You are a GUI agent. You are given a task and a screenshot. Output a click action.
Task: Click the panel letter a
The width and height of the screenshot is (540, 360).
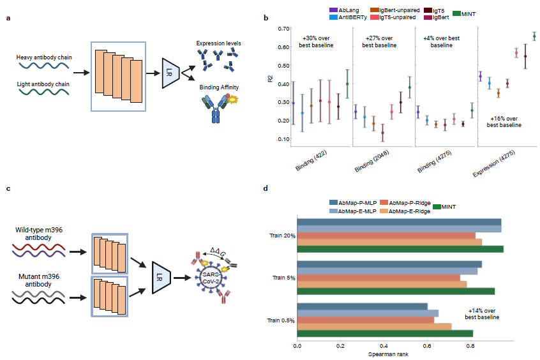click(x=8, y=17)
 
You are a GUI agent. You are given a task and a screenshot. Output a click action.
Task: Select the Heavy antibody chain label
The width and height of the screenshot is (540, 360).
click(x=44, y=57)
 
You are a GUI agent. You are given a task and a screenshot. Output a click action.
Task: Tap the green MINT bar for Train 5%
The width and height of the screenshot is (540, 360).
click(x=396, y=291)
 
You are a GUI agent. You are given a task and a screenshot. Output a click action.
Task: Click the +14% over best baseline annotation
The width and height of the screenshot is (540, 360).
click(x=483, y=313)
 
